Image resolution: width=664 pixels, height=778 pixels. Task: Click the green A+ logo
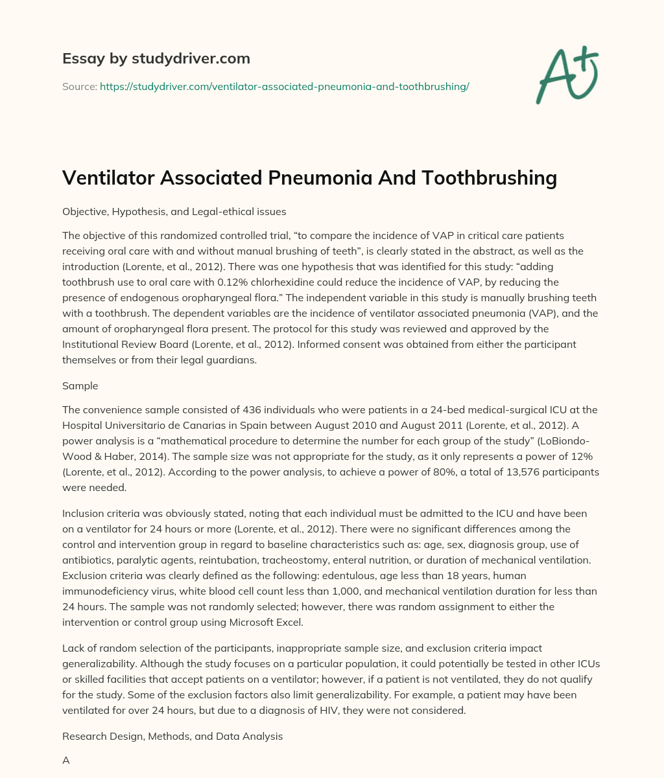566,75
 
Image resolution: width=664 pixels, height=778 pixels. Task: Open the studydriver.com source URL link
284,86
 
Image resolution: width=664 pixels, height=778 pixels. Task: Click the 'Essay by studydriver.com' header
156,58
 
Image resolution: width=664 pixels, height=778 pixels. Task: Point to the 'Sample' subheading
80,385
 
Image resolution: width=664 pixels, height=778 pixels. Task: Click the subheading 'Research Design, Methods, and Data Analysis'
172,737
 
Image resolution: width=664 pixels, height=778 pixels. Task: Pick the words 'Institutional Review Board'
124,345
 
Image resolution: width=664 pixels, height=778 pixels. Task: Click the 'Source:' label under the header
79,86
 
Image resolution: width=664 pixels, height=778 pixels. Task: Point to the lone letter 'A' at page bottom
65,761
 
